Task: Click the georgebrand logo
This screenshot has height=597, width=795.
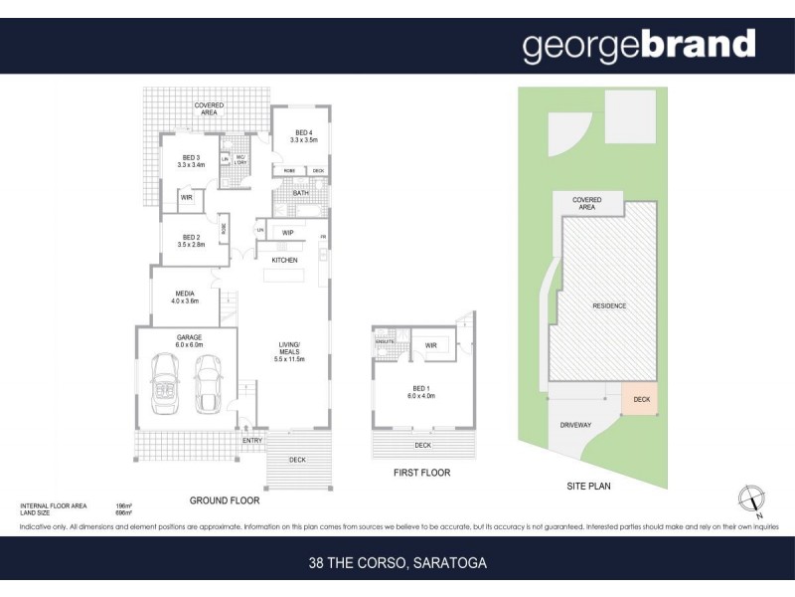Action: [639, 46]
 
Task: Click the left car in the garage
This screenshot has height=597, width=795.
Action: [163, 387]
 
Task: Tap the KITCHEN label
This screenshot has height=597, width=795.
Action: [286, 260]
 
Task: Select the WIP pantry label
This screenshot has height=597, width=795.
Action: [288, 233]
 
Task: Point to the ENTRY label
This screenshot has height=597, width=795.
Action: [252, 439]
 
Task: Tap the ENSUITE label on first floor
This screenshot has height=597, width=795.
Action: [386, 341]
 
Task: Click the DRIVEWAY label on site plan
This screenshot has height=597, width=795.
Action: [575, 425]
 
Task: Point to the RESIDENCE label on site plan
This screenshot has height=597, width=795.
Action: [609, 305]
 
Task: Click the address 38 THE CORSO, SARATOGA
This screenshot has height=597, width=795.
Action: [397, 563]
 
